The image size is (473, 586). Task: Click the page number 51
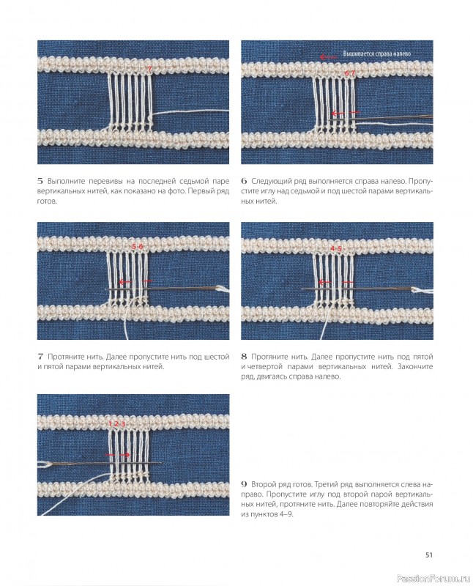[428, 555]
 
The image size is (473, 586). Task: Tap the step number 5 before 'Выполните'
[40, 181]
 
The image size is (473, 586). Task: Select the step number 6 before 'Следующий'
[244, 181]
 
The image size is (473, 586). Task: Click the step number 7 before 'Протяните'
[40, 357]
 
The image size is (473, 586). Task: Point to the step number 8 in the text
[244, 357]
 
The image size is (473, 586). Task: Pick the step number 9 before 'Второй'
[244, 484]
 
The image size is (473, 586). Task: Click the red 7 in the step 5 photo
[149, 69]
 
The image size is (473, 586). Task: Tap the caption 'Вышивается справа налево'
[376, 53]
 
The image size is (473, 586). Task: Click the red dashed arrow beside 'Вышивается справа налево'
[328, 57]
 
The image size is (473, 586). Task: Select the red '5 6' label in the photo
[137, 246]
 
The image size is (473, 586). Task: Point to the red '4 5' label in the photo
[336, 248]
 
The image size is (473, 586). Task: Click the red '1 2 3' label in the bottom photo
[116, 424]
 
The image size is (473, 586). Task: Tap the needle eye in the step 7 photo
[220, 288]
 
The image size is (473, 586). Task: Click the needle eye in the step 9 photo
[44, 464]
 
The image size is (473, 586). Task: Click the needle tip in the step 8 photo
[302, 289]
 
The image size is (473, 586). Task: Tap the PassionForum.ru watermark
[433, 579]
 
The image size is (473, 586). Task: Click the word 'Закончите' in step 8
[415, 367]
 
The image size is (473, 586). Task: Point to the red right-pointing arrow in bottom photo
[124, 455]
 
